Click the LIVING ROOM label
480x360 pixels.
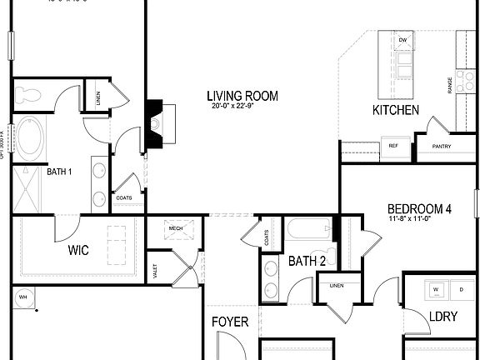(242, 96)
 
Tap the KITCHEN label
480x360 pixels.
(395, 111)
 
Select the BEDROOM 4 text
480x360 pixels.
(419, 208)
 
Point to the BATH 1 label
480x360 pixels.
(59, 172)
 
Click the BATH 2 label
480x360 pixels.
(307, 262)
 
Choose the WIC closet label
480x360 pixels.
(79, 250)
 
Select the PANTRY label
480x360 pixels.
(441, 147)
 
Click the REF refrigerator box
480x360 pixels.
(394, 147)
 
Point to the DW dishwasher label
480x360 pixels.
(402, 40)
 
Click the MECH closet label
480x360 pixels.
(176, 228)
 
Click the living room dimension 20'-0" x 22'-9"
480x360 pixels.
(242, 106)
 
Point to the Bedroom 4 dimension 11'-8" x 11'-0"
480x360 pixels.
(419, 219)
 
